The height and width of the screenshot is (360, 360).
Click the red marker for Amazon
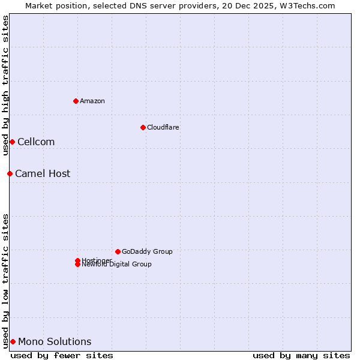(76, 101)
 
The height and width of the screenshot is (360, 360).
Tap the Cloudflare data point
(143, 127)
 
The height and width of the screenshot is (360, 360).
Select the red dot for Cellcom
(12, 142)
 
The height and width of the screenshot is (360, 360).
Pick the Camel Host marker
(10, 173)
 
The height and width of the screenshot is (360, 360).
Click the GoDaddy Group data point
(118, 251)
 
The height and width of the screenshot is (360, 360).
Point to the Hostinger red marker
(77, 260)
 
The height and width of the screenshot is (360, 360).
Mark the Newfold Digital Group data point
(77, 265)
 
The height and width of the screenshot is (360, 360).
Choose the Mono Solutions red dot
(13, 341)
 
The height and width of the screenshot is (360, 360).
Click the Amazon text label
(92, 101)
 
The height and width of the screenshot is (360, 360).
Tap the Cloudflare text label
(163, 127)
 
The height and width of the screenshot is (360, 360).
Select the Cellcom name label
(36, 142)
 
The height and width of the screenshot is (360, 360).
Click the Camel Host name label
(43, 173)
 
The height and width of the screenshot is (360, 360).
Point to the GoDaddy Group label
(147, 251)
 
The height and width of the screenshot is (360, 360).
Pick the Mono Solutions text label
(55, 341)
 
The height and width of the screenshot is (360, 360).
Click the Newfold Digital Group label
(117, 265)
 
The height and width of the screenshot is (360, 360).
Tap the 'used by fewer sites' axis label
(62, 355)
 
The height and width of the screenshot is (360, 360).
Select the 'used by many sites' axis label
(301, 355)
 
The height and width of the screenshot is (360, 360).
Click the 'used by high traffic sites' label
(5, 85)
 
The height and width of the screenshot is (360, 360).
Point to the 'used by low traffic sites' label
(5, 280)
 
